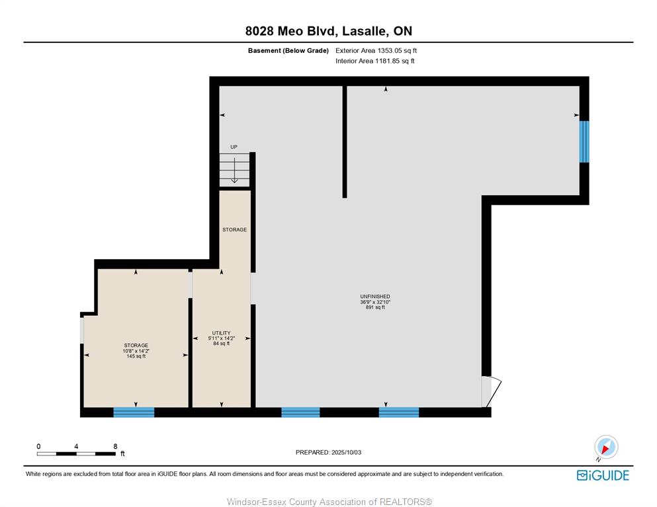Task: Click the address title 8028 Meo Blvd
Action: click(291, 31)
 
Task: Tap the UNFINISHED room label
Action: click(375, 296)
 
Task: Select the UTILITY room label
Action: click(221, 333)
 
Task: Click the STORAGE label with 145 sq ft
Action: click(136, 346)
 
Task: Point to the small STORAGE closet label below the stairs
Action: click(235, 229)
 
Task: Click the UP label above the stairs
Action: click(234, 147)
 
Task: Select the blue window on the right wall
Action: click(584, 141)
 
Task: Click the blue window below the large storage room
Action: click(134, 412)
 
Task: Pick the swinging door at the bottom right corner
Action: click(491, 392)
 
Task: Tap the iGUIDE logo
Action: click(603, 475)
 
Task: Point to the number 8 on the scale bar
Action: click(115, 446)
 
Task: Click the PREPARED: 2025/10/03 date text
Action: click(328, 452)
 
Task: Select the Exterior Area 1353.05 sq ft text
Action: click(376, 51)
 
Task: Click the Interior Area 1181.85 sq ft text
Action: click(375, 61)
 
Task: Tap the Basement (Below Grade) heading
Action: click(288, 51)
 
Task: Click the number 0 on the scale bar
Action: click(38, 446)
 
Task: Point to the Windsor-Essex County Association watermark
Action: click(329, 502)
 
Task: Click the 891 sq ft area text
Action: click(375, 307)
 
